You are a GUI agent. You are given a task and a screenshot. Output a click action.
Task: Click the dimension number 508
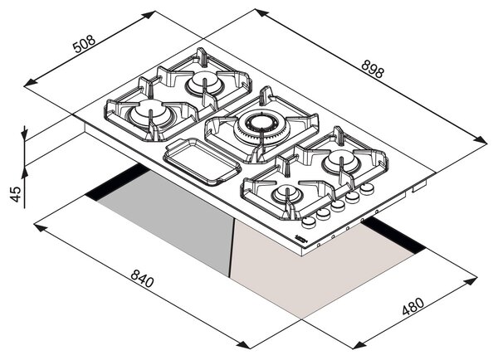84,43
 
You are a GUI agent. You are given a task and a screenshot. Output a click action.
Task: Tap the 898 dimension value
373,69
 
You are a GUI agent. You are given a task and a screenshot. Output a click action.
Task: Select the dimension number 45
15,193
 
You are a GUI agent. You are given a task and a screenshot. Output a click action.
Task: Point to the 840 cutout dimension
142,278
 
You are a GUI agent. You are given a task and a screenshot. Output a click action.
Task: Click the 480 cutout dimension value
413,306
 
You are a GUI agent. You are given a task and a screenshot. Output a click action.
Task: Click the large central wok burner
261,125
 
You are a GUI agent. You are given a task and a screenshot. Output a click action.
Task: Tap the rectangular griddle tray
202,162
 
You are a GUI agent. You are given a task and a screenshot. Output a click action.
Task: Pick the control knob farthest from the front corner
367,188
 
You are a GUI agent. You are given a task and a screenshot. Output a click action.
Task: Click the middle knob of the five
338,206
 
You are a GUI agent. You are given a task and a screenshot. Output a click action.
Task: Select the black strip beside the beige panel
393,235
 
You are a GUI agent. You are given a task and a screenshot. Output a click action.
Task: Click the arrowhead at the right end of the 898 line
481,140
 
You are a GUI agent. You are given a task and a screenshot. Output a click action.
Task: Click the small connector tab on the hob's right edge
419,187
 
